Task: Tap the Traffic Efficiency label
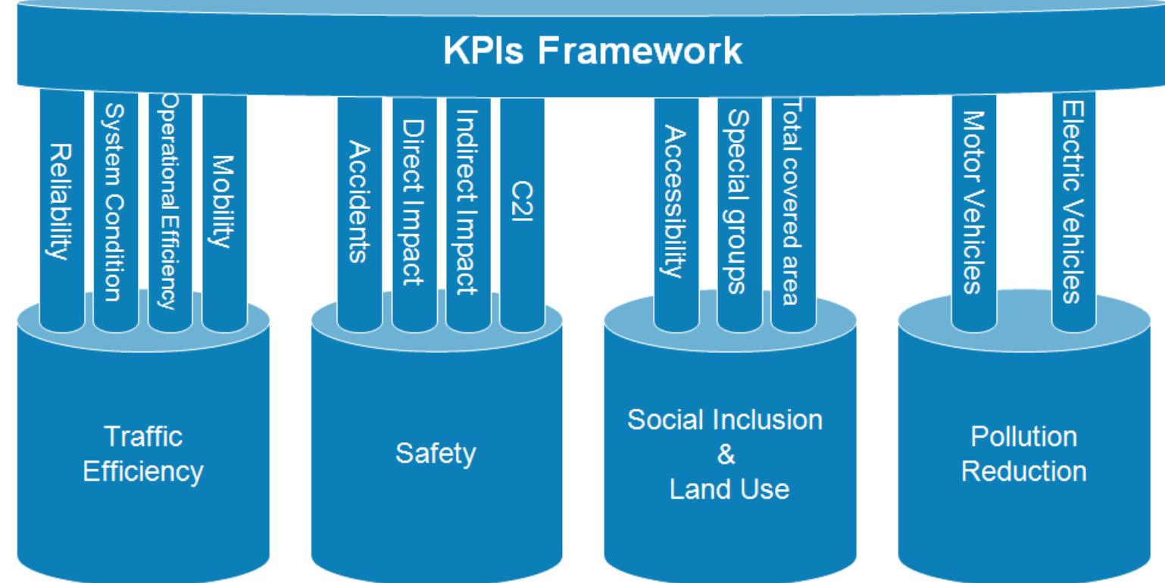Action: coord(143,455)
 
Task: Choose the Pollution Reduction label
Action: coord(1023,455)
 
